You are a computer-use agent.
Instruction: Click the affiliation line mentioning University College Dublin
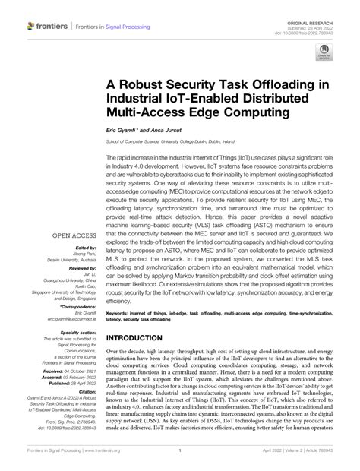point(182,141)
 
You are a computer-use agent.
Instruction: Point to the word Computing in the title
point(251,114)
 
